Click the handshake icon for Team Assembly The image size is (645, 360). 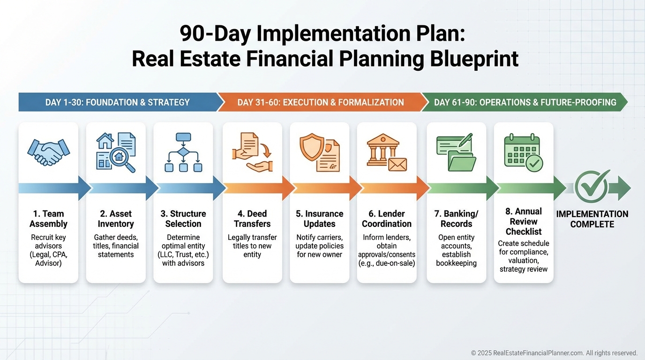tap(48, 152)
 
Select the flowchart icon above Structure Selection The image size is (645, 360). tap(183, 152)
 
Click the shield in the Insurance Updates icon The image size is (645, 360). tap(312, 147)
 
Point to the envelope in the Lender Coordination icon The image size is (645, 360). tap(397, 165)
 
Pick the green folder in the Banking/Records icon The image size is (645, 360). tap(462, 162)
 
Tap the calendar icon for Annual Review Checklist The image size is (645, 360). tap(524, 153)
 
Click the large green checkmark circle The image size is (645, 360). tap(592, 187)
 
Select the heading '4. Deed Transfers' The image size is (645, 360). tap(252, 218)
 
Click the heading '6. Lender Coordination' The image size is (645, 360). tap(387, 218)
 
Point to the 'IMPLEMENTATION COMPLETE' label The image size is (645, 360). tap(592, 219)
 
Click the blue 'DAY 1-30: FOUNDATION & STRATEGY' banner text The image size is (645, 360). tap(118, 102)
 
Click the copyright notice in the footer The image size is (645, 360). tap(554, 353)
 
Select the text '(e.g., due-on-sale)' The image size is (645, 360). tap(387, 263)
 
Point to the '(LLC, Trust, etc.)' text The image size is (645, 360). tap(183, 255)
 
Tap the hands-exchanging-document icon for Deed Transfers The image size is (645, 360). tap(252, 152)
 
